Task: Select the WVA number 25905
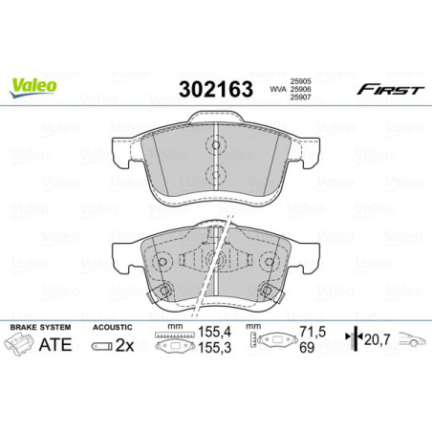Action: tap(302, 80)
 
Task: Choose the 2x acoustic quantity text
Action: tap(124, 345)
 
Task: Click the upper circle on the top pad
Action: tap(216, 146)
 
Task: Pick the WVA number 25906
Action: tap(302, 90)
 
